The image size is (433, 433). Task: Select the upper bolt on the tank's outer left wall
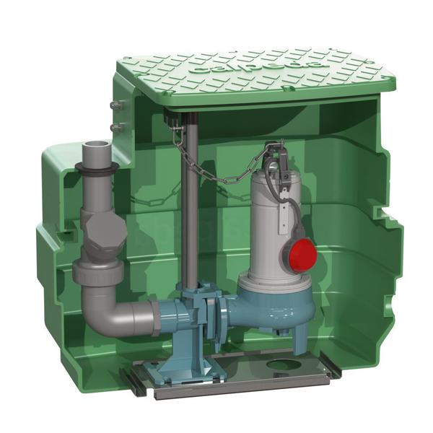113,107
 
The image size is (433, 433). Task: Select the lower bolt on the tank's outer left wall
113,128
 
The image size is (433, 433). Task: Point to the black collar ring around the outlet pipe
95,171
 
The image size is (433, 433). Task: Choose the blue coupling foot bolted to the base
174,354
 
